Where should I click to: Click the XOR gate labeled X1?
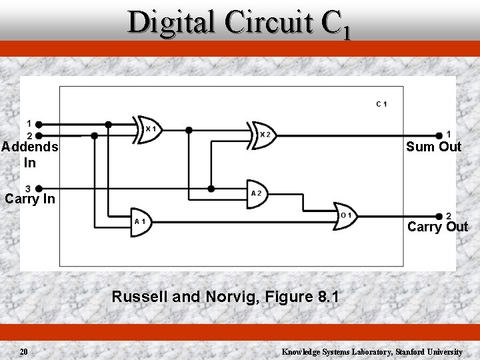pos(148,129)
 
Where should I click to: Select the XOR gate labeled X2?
pos(261,135)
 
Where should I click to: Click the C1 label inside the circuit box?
pos(382,103)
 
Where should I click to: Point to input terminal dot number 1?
pos(39,124)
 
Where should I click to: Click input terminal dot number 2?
pos(39,135)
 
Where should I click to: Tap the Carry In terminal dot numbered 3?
pos(39,189)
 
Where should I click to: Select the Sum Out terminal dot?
pos(439,135)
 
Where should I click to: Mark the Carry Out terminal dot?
pos(439,216)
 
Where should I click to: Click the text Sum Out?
pos(433,147)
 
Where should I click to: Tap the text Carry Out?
pos(437,227)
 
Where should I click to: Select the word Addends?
pos(29,147)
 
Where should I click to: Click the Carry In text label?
pos(29,199)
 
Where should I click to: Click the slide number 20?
pos(23,351)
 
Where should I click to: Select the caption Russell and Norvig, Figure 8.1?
pos(225,297)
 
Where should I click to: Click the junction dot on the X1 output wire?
pos(189,129)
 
